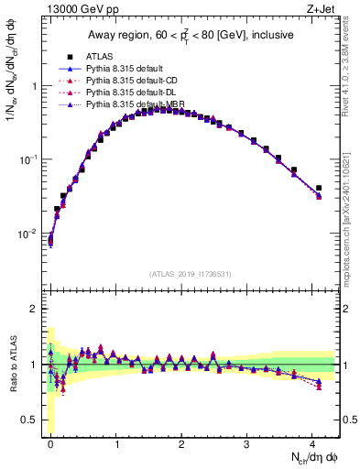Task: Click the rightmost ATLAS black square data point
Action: point(319,188)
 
